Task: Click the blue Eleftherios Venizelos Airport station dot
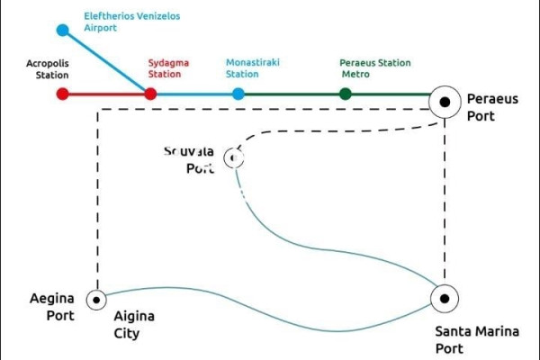tap(63, 30)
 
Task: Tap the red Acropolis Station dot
tap(62, 94)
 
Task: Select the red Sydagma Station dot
tap(150, 94)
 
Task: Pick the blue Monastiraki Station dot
tap(238, 94)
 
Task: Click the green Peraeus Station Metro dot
tap(346, 94)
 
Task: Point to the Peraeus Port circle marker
tap(445, 103)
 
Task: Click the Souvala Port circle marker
tap(235, 158)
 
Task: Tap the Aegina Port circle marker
tap(96, 299)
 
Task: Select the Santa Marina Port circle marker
tap(445, 298)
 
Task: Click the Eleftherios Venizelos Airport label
tap(132, 22)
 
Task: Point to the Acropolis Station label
tap(48, 69)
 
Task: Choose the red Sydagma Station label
tap(165, 69)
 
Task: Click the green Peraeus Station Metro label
tap(374, 69)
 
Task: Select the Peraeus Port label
tap(492, 107)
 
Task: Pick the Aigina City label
tap(134, 325)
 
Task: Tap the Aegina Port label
tap(51, 307)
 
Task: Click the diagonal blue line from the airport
tap(106, 61)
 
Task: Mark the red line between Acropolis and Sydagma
tap(106, 94)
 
